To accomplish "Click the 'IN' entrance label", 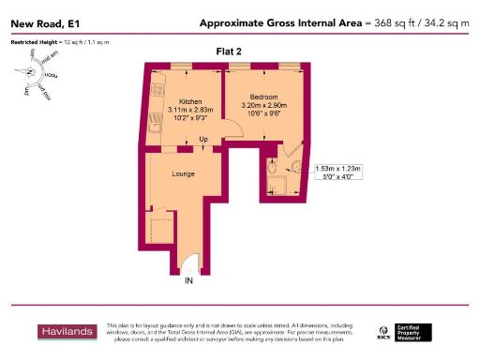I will (188, 280).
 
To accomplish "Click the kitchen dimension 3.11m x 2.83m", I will (190, 111).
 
